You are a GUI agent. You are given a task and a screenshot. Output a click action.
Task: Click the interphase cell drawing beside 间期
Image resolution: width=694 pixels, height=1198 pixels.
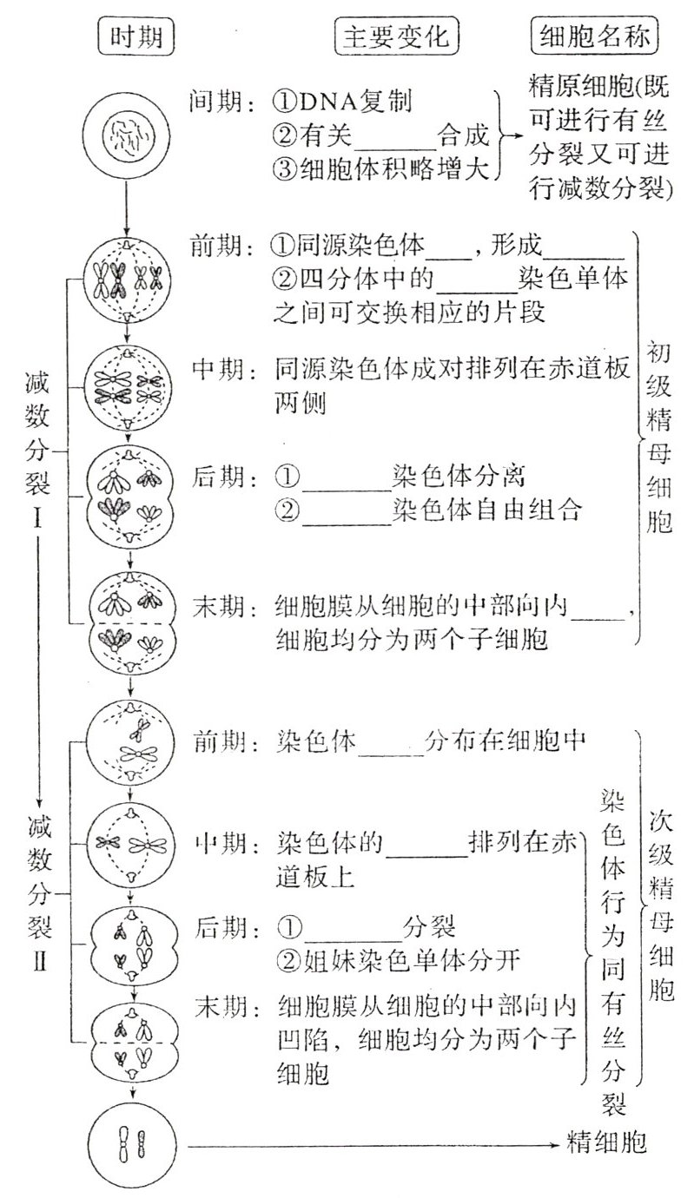pyautogui.click(x=129, y=137)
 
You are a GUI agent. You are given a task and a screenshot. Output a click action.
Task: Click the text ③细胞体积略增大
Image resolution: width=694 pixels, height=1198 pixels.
pyautogui.click(x=380, y=168)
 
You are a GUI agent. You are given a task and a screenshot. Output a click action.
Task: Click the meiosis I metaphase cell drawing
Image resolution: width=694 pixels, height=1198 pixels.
pyautogui.click(x=129, y=386)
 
